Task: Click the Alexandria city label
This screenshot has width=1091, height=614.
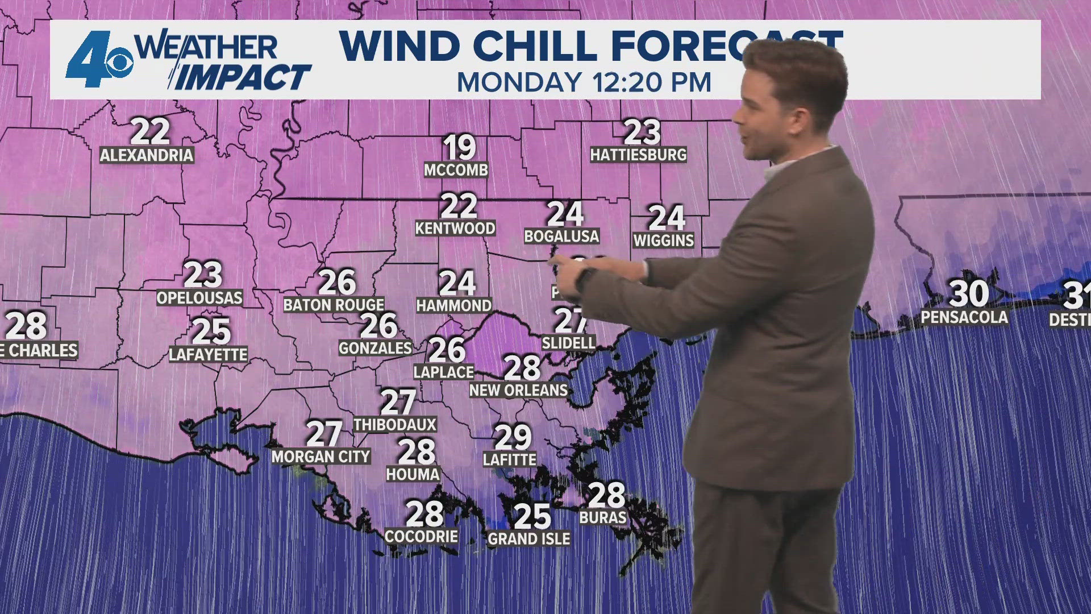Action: (147, 155)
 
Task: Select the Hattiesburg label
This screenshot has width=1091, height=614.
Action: (638, 154)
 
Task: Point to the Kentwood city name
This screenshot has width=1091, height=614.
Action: (455, 228)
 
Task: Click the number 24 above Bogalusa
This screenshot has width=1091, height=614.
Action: (565, 214)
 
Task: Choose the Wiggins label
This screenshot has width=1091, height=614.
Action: (664, 240)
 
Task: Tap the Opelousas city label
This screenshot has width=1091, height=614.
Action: (199, 297)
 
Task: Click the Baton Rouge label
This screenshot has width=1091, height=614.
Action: (334, 305)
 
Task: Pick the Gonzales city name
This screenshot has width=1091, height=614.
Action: (375, 347)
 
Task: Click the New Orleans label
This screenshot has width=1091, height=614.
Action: (518, 390)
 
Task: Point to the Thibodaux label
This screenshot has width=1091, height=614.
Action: (395, 424)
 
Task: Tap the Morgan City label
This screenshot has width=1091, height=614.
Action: (320, 456)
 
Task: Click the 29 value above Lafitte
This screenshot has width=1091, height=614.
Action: (513, 437)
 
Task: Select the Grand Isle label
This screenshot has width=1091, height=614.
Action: (528, 538)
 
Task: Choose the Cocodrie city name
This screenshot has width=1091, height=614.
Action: (421, 536)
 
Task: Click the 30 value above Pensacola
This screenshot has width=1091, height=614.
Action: (969, 293)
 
